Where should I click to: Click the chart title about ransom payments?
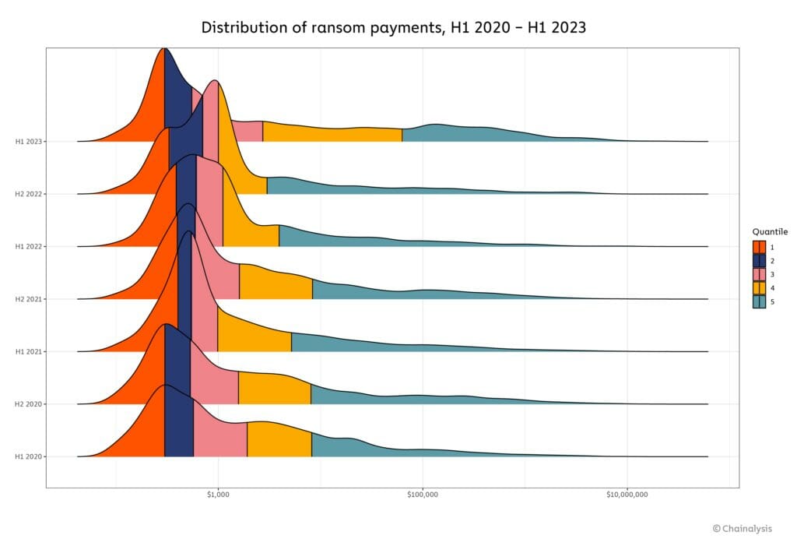393,27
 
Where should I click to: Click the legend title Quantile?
770,231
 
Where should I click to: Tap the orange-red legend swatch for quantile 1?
759,247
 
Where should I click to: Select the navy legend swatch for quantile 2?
759,261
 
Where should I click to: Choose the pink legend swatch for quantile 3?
759,275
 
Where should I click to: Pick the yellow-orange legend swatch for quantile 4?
759,288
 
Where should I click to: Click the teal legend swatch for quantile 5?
759,302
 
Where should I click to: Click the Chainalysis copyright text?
742,529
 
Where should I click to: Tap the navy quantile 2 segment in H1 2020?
178,428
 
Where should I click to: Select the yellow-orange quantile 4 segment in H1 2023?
327,133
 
